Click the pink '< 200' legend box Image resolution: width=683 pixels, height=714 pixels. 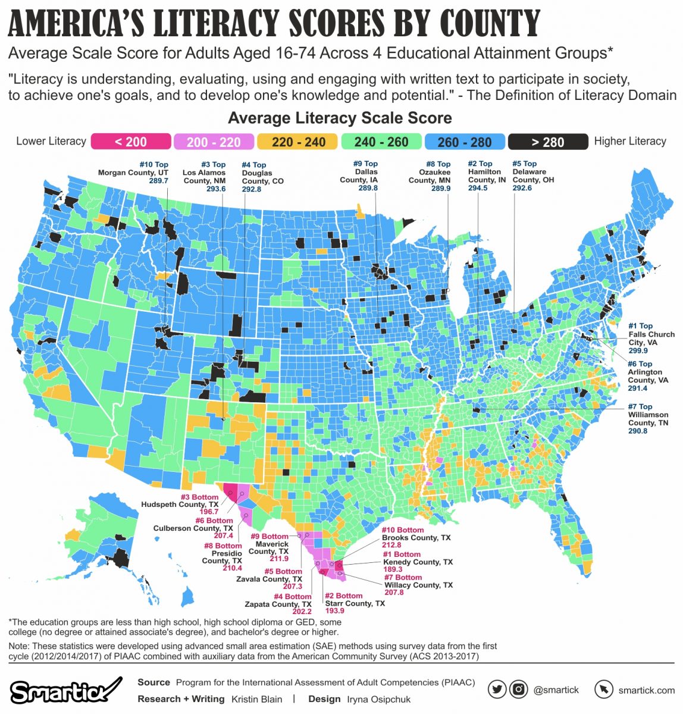pos(130,142)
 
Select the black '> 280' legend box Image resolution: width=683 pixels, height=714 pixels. pos(547,142)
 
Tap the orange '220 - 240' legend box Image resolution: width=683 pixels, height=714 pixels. pos(299,142)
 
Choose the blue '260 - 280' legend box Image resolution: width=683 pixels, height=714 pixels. pos(465,142)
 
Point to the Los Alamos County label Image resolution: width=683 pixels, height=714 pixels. pos(204,177)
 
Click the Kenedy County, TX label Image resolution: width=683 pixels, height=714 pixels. pos(418,562)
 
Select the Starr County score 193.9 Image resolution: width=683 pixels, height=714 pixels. pos(334,611)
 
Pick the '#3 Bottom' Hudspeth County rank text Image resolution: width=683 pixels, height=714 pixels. pos(200,497)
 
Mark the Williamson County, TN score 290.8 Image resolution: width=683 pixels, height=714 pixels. pos(638,430)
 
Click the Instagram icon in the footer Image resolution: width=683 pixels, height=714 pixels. pos(519,690)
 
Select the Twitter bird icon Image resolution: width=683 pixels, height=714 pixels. pos(497,690)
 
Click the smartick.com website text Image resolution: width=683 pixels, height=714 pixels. pos(646,690)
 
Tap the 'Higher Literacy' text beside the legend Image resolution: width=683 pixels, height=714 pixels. pos(630,142)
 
